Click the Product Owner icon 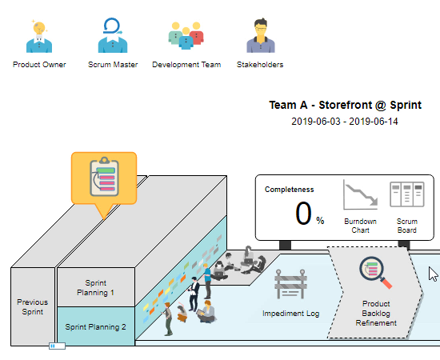pyautogui.click(x=39, y=36)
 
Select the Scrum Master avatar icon pyautogui.click(x=113, y=35)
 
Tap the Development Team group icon pyautogui.click(x=186, y=35)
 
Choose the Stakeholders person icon pyautogui.click(x=261, y=35)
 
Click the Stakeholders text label pyautogui.click(x=260, y=65)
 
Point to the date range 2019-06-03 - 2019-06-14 pyautogui.click(x=345, y=122)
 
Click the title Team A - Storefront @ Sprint pyautogui.click(x=345, y=105)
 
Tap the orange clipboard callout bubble pyautogui.click(x=104, y=178)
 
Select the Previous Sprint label pyautogui.click(x=33, y=307)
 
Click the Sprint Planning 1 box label pyautogui.click(x=95, y=288)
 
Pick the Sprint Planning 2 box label pyautogui.click(x=95, y=327)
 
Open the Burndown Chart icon pyautogui.click(x=360, y=194)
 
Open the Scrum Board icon pyautogui.click(x=407, y=194)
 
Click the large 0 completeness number pyautogui.click(x=303, y=214)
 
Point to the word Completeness pyautogui.click(x=290, y=190)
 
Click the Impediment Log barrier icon pyautogui.click(x=290, y=284)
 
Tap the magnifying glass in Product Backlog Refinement pyautogui.click(x=375, y=273)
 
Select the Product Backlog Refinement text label pyautogui.click(x=376, y=313)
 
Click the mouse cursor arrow pyautogui.click(x=433, y=274)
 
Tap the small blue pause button pyautogui.click(x=58, y=346)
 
